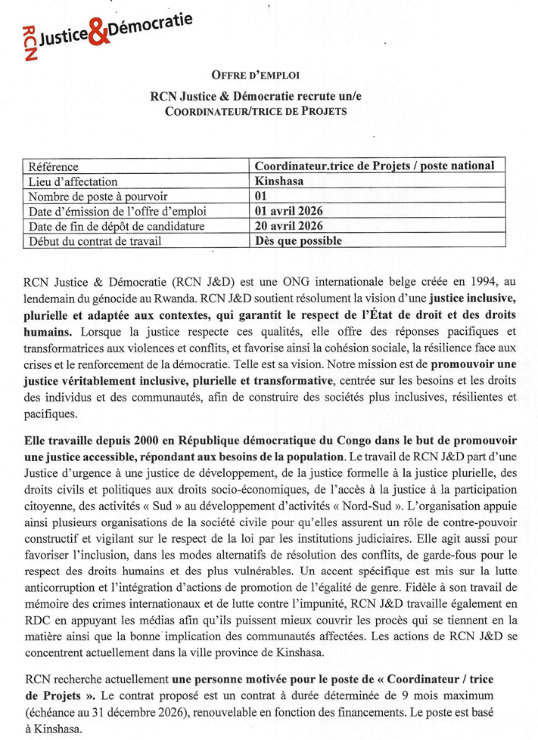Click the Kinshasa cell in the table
(x=281, y=181)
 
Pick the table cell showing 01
(x=262, y=197)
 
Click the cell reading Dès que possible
(x=298, y=241)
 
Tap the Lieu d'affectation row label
(x=73, y=181)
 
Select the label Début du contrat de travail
(x=95, y=242)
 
